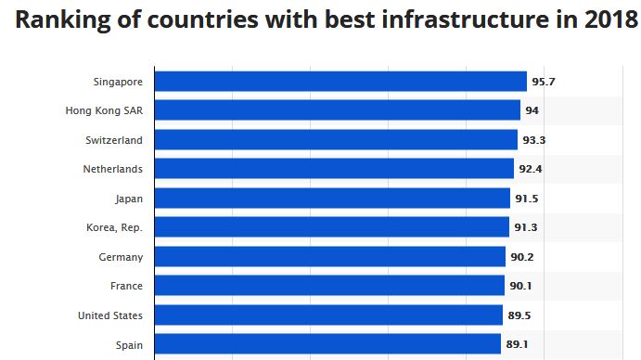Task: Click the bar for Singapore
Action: click(x=340, y=82)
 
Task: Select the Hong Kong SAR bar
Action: click(x=338, y=110)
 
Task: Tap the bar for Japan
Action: click(x=332, y=198)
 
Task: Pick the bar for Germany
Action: click(x=330, y=256)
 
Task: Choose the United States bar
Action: click(x=328, y=315)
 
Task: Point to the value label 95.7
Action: click(x=544, y=82)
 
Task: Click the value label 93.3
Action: click(x=534, y=140)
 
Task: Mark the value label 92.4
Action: click(x=531, y=169)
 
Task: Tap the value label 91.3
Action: click(x=526, y=227)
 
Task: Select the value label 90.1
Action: click(x=520, y=286)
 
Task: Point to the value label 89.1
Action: click(x=517, y=344)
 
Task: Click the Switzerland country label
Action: click(x=114, y=140)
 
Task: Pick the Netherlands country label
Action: click(x=113, y=169)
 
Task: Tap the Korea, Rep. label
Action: click(x=114, y=227)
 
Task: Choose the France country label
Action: click(x=126, y=286)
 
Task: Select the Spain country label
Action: click(x=129, y=345)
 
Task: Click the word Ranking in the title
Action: click(x=63, y=20)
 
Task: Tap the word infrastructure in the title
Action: click(x=465, y=19)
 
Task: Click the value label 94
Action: click(x=532, y=110)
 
